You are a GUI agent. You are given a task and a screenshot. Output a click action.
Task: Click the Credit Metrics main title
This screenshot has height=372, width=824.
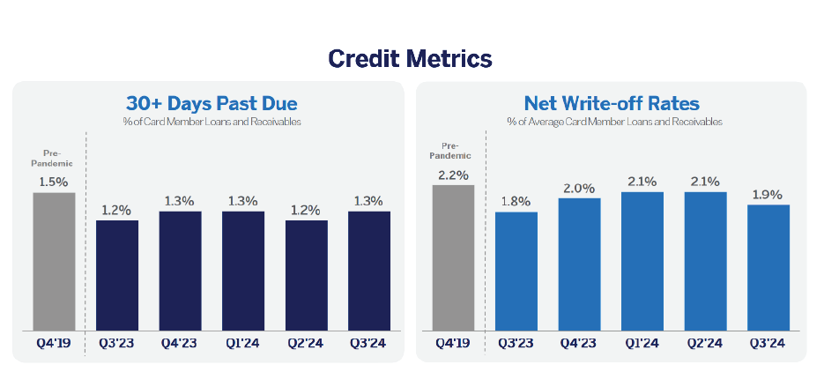point(410,59)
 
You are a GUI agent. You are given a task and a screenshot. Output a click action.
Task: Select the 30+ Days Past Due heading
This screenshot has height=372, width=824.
point(212,103)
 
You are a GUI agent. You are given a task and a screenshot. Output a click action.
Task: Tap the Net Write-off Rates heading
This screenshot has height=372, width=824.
point(612,102)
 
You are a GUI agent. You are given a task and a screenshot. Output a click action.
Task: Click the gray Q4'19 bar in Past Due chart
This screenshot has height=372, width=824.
point(54,262)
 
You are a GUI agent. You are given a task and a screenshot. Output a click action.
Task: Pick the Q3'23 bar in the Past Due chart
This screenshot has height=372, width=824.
point(117,275)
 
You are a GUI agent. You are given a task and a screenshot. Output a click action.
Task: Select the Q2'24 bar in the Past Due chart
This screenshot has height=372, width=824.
point(307,275)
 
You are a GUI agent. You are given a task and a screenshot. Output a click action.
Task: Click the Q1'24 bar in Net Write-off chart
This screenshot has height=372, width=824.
point(642,261)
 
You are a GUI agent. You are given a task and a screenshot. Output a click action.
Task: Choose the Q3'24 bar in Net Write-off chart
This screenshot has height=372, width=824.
point(768,267)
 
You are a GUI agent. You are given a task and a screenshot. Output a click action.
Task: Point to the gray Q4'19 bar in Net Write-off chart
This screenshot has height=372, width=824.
point(453,258)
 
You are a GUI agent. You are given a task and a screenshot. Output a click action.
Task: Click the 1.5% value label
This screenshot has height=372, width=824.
point(54,182)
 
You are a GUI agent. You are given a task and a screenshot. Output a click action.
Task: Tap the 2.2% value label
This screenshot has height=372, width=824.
point(454,175)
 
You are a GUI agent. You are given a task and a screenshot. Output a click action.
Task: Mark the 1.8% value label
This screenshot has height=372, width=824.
point(516,202)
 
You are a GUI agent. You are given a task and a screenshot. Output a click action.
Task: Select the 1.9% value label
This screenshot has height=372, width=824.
point(768,195)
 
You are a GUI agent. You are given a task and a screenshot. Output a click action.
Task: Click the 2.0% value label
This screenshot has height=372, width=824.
point(579,188)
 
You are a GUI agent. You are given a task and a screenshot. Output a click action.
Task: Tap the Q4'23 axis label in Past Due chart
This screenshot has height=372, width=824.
point(180,344)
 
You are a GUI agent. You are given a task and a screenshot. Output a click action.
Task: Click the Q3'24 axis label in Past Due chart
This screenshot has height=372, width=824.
point(367,344)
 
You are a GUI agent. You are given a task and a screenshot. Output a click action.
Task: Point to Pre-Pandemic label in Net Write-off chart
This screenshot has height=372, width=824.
point(449,151)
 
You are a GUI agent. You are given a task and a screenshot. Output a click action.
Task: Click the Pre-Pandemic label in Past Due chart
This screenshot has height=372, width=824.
point(51,158)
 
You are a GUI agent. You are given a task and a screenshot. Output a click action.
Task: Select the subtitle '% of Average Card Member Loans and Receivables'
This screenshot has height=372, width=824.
point(614,122)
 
